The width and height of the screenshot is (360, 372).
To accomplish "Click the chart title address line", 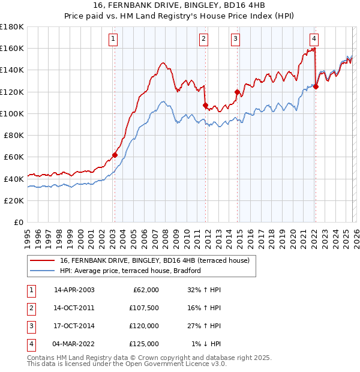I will pos(179,5).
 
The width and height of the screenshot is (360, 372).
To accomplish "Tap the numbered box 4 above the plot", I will pos(314,38).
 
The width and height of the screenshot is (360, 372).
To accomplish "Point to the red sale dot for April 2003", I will pos(115,155).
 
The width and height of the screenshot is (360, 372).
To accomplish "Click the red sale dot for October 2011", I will pos(205,105).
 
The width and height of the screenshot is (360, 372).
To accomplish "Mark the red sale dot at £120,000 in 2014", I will pos(237,92).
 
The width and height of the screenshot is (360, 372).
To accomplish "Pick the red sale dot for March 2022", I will pos(316,86).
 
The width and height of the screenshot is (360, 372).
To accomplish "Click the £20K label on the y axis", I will pos(13,200).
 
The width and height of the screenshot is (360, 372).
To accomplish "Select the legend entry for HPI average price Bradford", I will pos(130,271).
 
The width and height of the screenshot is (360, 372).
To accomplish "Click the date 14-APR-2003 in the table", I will pos(74,290).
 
